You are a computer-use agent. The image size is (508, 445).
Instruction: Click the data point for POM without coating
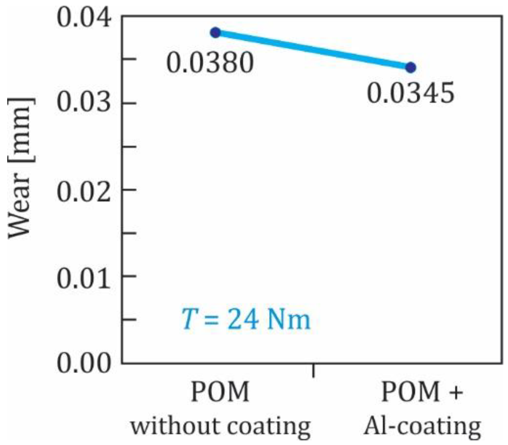coord(215,33)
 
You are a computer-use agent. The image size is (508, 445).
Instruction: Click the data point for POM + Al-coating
coord(411,67)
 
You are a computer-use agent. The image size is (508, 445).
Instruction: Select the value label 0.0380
coord(210,63)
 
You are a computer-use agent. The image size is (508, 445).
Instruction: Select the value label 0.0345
coord(411,93)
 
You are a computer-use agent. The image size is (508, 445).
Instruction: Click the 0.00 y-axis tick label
coord(83,363)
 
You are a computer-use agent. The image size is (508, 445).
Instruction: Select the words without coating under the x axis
coord(220,426)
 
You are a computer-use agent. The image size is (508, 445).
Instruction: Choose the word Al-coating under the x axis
coord(422,426)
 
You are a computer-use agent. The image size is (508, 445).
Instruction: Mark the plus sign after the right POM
coord(455,392)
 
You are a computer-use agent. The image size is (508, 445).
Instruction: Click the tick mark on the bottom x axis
coord(313,371)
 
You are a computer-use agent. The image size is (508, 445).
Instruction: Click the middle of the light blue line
coord(313,50)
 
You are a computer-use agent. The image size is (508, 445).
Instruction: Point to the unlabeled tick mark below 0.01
coord(129,320)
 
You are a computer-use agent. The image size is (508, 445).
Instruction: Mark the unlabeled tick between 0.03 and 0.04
coord(129,59)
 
